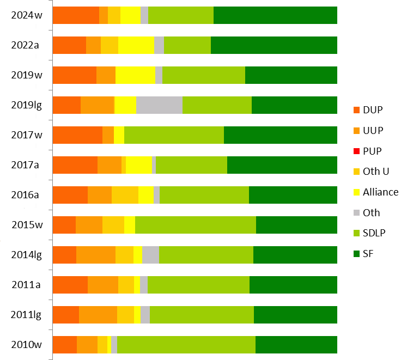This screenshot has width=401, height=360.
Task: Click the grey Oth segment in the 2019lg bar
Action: [x=159, y=105]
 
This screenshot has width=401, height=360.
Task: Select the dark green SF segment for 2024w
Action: [x=275, y=15]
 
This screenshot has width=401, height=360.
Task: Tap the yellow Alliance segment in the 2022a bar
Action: [x=136, y=45]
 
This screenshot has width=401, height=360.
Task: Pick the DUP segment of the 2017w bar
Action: [x=77, y=135]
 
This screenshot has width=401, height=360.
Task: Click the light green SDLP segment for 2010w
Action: [x=186, y=345]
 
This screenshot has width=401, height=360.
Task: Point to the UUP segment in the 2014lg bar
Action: [x=96, y=255]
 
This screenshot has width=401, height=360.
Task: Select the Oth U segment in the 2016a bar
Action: [x=125, y=195]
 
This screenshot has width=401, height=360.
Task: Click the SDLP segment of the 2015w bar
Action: [x=196, y=225]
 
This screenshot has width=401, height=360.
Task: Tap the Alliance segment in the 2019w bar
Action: [x=135, y=75]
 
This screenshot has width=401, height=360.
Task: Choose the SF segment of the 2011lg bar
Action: [x=295, y=315]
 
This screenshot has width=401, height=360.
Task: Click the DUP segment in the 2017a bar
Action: [x=75, y=165]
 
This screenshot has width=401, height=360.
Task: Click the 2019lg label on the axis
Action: [x=27, y=105]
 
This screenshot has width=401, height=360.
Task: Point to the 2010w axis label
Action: [x=27, y=345]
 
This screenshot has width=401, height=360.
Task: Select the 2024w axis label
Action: [x=27, y=15]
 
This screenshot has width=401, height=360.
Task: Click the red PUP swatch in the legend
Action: [x=357, y=151]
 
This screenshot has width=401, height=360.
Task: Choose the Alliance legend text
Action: [x=380, y=192]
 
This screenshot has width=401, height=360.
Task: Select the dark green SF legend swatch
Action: [x=357, y=254]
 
